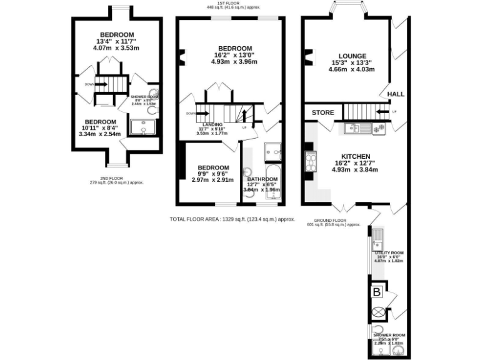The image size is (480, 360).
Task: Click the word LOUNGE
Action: (351, 56)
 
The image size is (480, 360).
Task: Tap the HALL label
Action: (396, 94)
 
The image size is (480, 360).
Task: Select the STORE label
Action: (323, 112)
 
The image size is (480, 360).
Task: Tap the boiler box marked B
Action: (376, 292)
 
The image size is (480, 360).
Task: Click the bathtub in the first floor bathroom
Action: (273, 181)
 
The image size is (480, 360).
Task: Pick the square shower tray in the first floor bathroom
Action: (272, 152)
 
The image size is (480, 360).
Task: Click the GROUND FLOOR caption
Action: (330, 220)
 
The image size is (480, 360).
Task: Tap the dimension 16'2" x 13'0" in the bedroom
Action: (234, 55)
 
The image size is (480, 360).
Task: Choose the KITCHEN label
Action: (356, 156)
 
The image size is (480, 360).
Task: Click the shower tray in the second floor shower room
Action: (143, 127)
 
